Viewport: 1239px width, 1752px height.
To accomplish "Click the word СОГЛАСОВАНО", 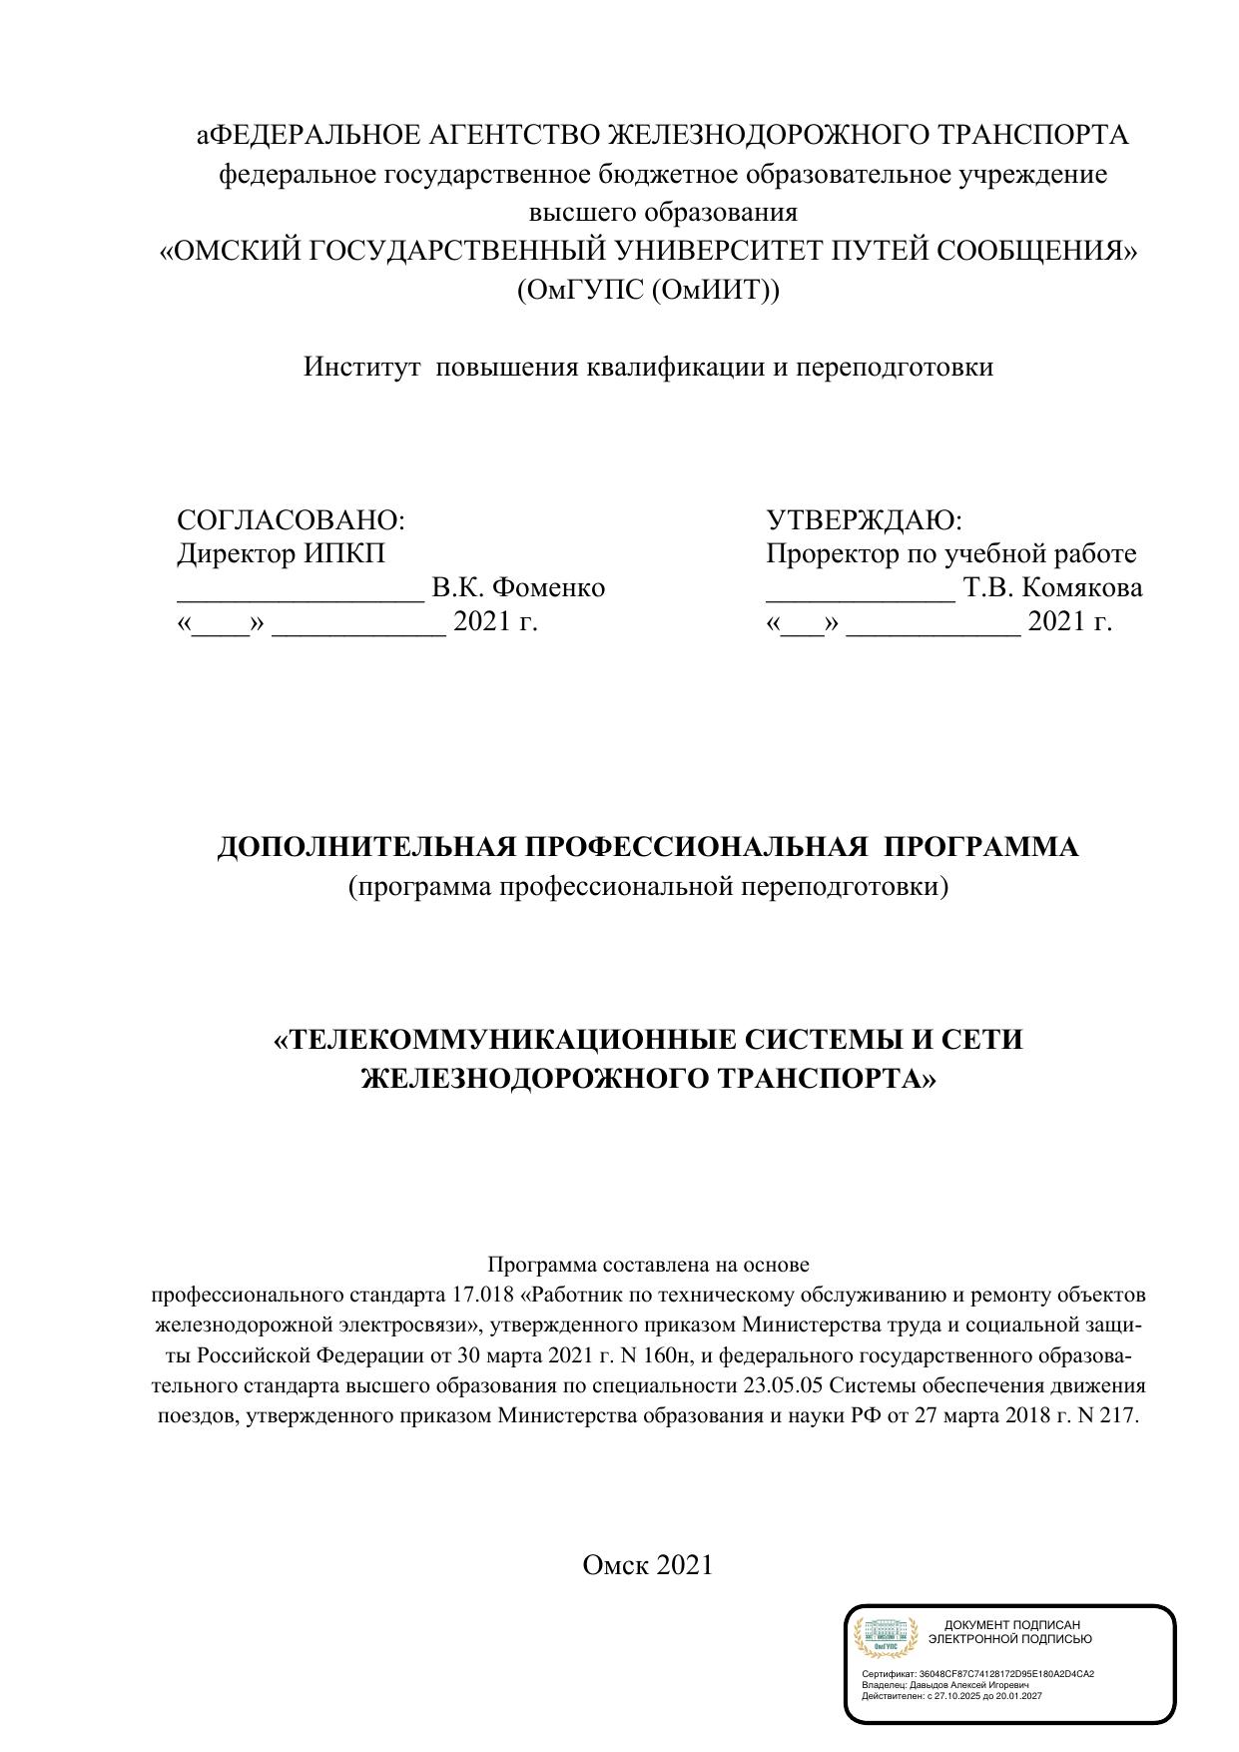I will [289, 520].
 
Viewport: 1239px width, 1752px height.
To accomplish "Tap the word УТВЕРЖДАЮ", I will [862, 520].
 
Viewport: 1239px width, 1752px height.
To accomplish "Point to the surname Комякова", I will [1082, 588].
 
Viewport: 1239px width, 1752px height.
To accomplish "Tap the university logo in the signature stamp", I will [884, 1639].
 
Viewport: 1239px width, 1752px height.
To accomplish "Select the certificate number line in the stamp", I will [977, 1674].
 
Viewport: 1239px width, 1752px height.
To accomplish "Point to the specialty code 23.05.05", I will [790, 1386].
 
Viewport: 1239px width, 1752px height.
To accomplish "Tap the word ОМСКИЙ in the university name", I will [237, 252].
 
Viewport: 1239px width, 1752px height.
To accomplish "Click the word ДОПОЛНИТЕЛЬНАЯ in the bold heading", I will [366, 847].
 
